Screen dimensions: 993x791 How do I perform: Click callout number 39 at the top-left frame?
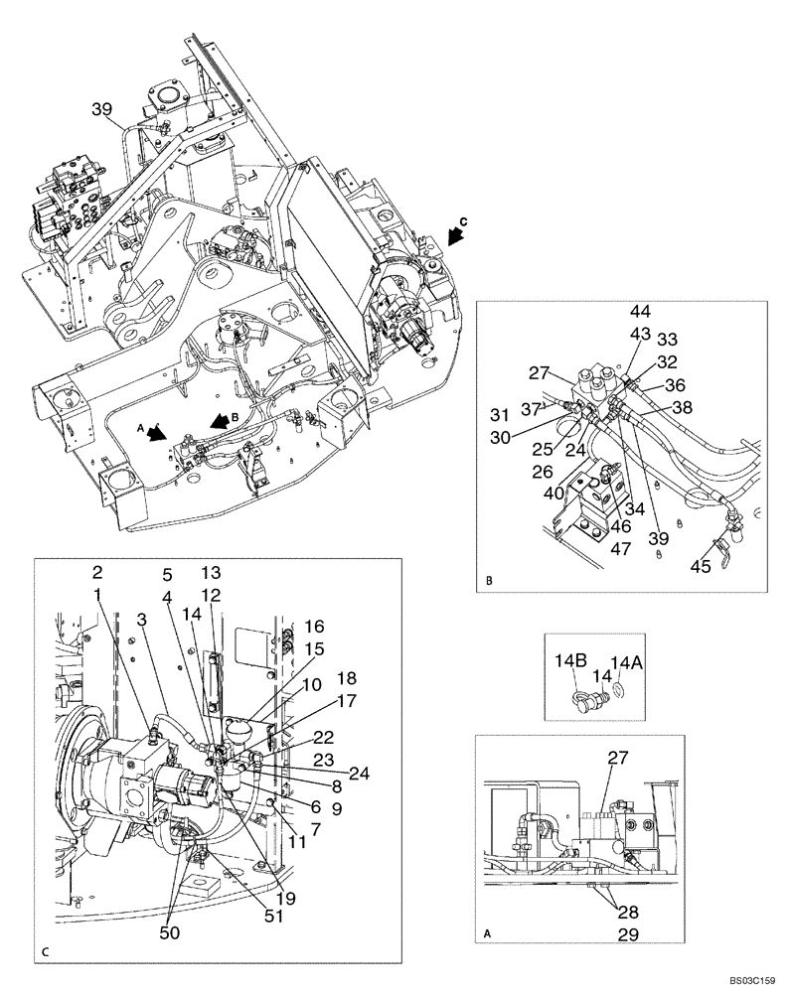click(101, 108)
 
